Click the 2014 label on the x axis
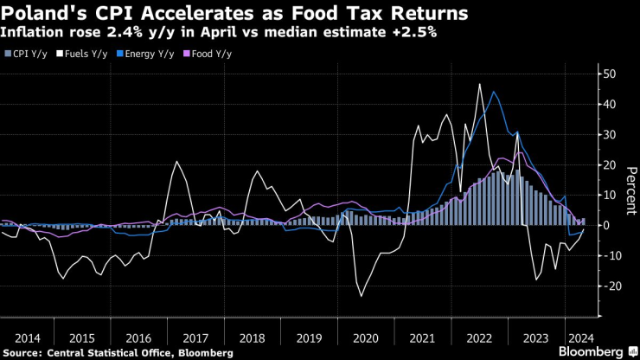click(28, 338)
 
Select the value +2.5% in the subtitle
click(415, 33)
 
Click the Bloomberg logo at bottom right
click(597, 351)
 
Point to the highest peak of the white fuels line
click(479, 84)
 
